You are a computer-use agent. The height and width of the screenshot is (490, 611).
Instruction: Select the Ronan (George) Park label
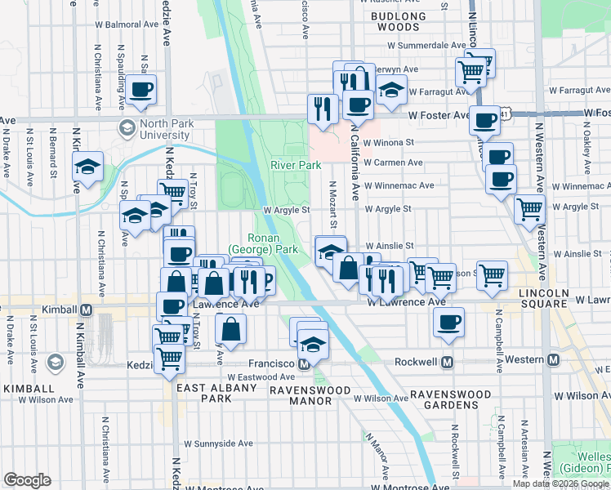coord(262,243)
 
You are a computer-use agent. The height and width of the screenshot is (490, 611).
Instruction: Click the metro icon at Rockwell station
coord(447,360)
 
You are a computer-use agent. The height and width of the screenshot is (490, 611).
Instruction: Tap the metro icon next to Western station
coord(554,360)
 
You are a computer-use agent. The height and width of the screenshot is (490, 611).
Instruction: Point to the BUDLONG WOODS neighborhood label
coord(399,21)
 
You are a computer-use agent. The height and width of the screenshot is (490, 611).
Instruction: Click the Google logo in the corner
coord(27,480)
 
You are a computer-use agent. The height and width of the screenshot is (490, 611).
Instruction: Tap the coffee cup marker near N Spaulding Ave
coord(140,90)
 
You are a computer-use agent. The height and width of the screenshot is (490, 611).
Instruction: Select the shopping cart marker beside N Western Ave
coord(529,208)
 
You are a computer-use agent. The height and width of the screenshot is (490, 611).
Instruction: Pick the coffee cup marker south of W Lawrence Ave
coord(448,322)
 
